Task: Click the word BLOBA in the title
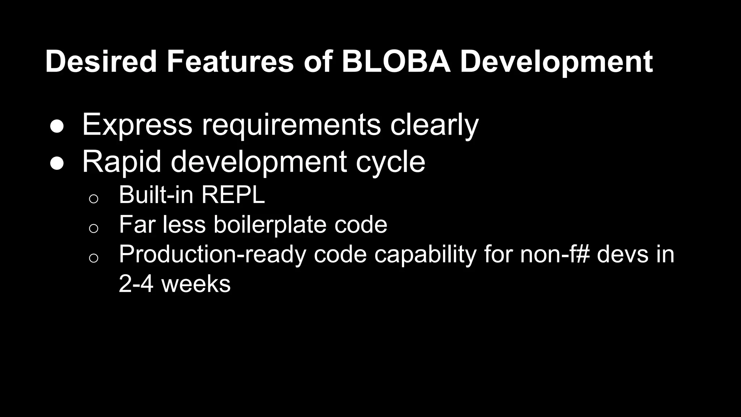[x=396, y=62]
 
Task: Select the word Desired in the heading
[x=101, y=62]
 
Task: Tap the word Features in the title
[x=230, y=62]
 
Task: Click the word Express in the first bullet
[x=137, y=125]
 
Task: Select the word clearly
[x=434, y=125]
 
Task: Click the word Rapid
[x=122, y=162]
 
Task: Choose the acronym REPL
[x=233, y=195]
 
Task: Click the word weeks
[x=196, y=284]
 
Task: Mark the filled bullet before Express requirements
[x=57, y=127]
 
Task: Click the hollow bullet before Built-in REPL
[x=93, y=198]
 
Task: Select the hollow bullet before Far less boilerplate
[x=93, y=228]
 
